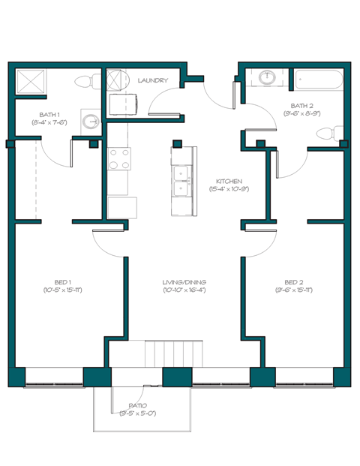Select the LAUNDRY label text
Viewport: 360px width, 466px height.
[153, 80]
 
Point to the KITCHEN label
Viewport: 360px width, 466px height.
[228, 182]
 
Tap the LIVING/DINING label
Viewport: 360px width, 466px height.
[184, 281]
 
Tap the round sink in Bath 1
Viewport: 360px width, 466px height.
[91, 121]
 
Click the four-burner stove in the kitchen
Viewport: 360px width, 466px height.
[119, 159]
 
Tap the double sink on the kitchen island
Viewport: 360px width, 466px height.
[181, 181]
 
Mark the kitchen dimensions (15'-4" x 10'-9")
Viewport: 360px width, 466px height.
[228, 189]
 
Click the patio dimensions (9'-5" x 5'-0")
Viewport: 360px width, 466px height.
[137, 413]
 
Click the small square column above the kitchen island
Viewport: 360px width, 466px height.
[177, 143]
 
